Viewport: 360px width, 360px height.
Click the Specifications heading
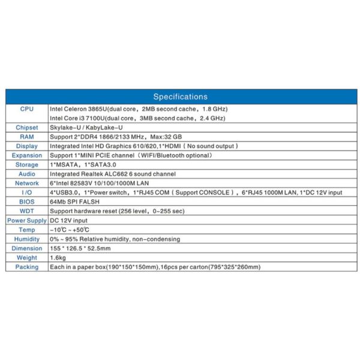point(180,97)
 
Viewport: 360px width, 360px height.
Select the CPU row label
point(26,109)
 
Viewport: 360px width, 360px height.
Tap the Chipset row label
point(26,127)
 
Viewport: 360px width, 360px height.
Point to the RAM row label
point(26,137)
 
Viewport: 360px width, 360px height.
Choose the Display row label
point(26,146)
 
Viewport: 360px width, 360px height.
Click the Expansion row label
point(26,155)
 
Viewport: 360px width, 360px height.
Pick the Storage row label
point(26,164)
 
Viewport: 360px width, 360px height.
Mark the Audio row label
point(26,174)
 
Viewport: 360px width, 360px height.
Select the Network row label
point(26,183)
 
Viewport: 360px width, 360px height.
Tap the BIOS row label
point(26,202)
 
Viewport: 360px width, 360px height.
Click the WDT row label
point(26,211)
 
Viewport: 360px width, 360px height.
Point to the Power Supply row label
point(26,220)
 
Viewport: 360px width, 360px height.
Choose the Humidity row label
point(26,239)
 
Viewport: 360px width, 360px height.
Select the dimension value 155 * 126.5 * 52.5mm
point(80,248)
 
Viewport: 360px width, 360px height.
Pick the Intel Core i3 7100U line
point(137,118)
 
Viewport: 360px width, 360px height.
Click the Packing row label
point(26,267)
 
